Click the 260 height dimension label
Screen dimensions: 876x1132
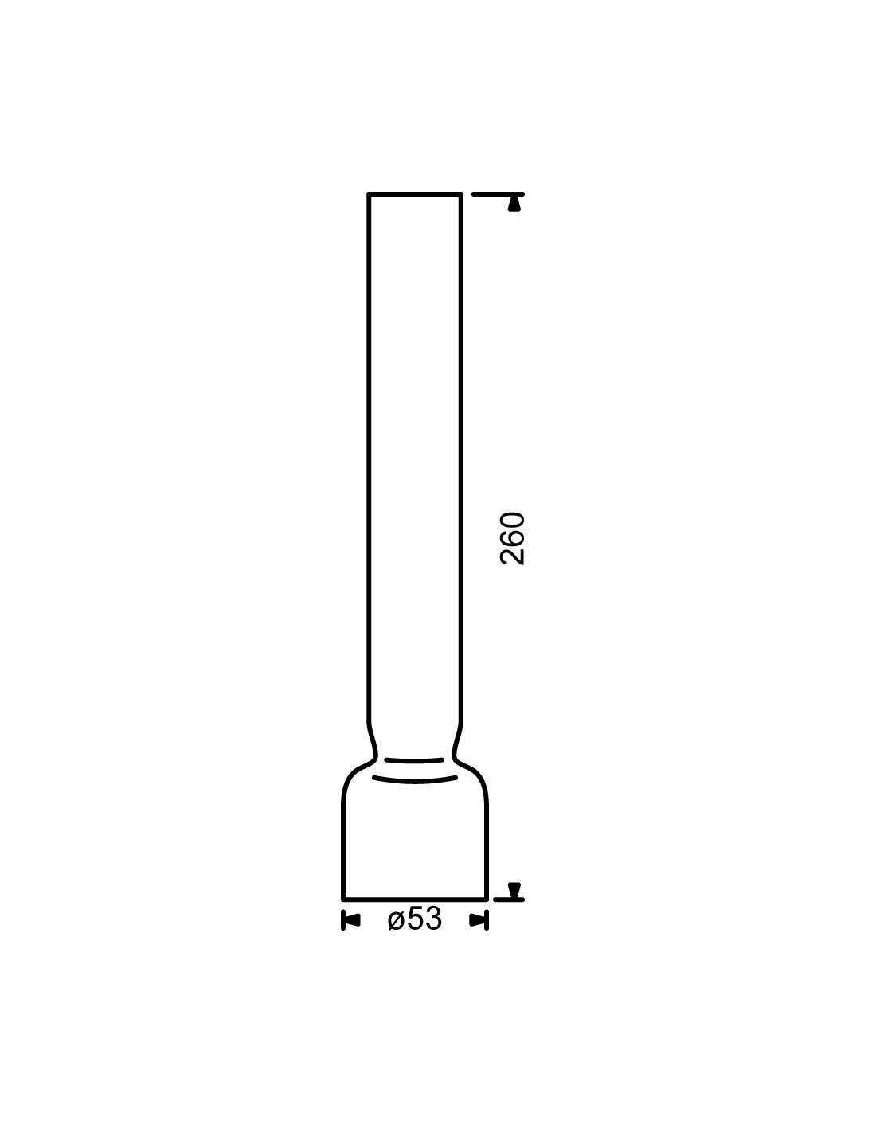pos(512,539)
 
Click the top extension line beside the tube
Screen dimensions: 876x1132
pos(498,193)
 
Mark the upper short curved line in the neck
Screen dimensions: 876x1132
pos(414,761)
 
